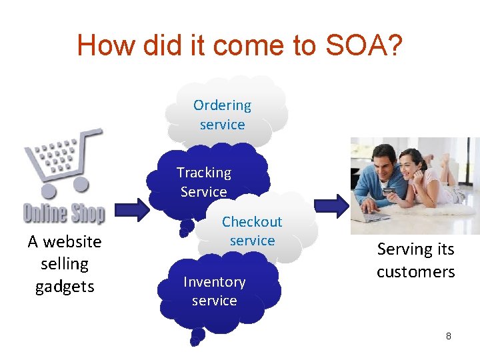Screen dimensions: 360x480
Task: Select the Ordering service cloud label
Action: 222,115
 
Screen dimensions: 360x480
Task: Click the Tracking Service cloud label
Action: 203,182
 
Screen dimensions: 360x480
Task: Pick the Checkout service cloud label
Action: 252,231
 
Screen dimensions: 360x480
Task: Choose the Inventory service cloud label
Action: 214,291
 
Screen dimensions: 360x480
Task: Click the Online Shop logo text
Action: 64,214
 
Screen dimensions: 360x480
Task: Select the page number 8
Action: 449,336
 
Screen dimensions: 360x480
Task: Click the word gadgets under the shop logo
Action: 65,287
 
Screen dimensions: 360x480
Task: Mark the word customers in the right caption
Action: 415,272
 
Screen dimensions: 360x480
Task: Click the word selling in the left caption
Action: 65,264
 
